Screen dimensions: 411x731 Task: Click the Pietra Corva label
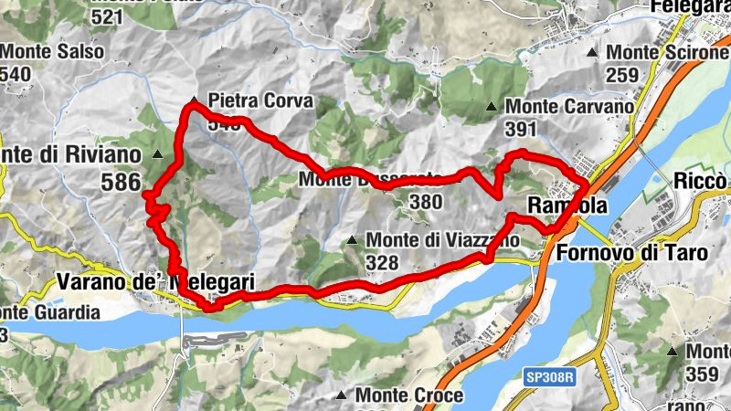pyautogui.click(x=260, y=100)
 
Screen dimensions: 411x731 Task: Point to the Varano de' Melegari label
pyautogui.click(x=154, y=283)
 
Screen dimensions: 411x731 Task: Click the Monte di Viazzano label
pyautogui.click(x=443, y=240)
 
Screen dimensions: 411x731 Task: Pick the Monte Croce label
pyautogui.click(x=409, y=395)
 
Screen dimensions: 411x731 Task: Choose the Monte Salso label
pyautogui.click(x=52, y=52)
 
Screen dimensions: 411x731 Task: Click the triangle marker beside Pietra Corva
pyautogui.click(x=194, y=100)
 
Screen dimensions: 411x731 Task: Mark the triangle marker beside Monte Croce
pyautogui.click(x=342, y=396)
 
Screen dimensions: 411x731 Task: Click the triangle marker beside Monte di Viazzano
pyautogui.click(x=352, y=241)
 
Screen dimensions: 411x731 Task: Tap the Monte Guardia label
pyautogui.click(x=50, y=312)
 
